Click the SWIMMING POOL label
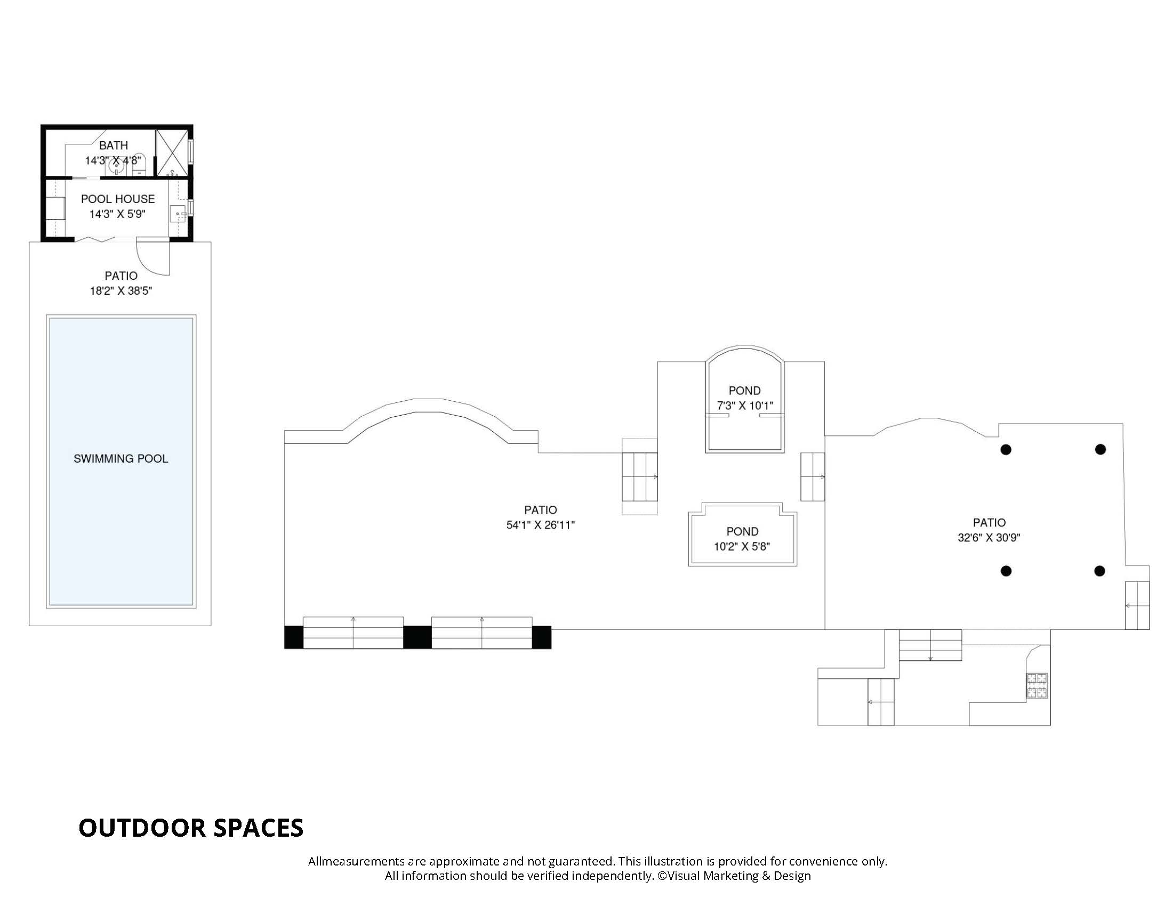point(121,459)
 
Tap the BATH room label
point(114,145)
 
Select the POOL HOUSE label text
point(118,199)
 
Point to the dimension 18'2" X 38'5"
point(121,291)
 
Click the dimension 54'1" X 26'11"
point(540,525)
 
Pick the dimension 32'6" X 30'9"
point(989,537)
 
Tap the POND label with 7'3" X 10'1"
point(744,391)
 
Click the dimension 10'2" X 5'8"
point(742,547)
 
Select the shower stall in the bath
point(172,152)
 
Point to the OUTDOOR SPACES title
point(191,828)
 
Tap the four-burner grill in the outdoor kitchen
point(1037,686)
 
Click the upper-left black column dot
point(1006,450)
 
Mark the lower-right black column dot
point(1099,571)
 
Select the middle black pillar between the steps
point(417,637)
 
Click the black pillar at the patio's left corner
point(294,637)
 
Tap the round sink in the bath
point(117,166)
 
